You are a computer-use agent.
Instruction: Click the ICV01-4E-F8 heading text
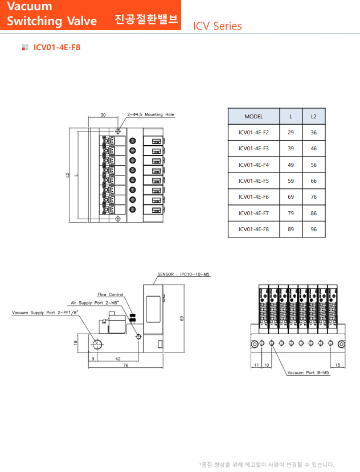57,47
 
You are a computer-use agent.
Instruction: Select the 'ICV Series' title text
217,26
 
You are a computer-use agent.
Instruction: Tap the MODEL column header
253,116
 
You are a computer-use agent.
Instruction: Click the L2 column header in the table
313,116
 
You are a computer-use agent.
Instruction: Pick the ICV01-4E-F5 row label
253,181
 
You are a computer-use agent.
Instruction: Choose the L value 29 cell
291,133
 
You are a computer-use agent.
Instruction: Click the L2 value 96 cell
313,229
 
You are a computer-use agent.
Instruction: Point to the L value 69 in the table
291,197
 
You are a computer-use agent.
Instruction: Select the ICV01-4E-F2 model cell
253,133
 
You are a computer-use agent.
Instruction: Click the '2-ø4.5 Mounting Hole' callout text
150,114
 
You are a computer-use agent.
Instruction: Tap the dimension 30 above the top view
103,115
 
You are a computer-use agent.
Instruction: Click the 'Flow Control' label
110,294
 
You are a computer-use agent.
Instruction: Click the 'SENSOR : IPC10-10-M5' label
184,274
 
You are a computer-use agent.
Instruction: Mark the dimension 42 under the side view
117,359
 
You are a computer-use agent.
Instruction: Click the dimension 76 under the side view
125,366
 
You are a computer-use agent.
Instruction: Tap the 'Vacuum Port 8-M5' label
308,373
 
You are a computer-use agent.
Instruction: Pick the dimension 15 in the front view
338,365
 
